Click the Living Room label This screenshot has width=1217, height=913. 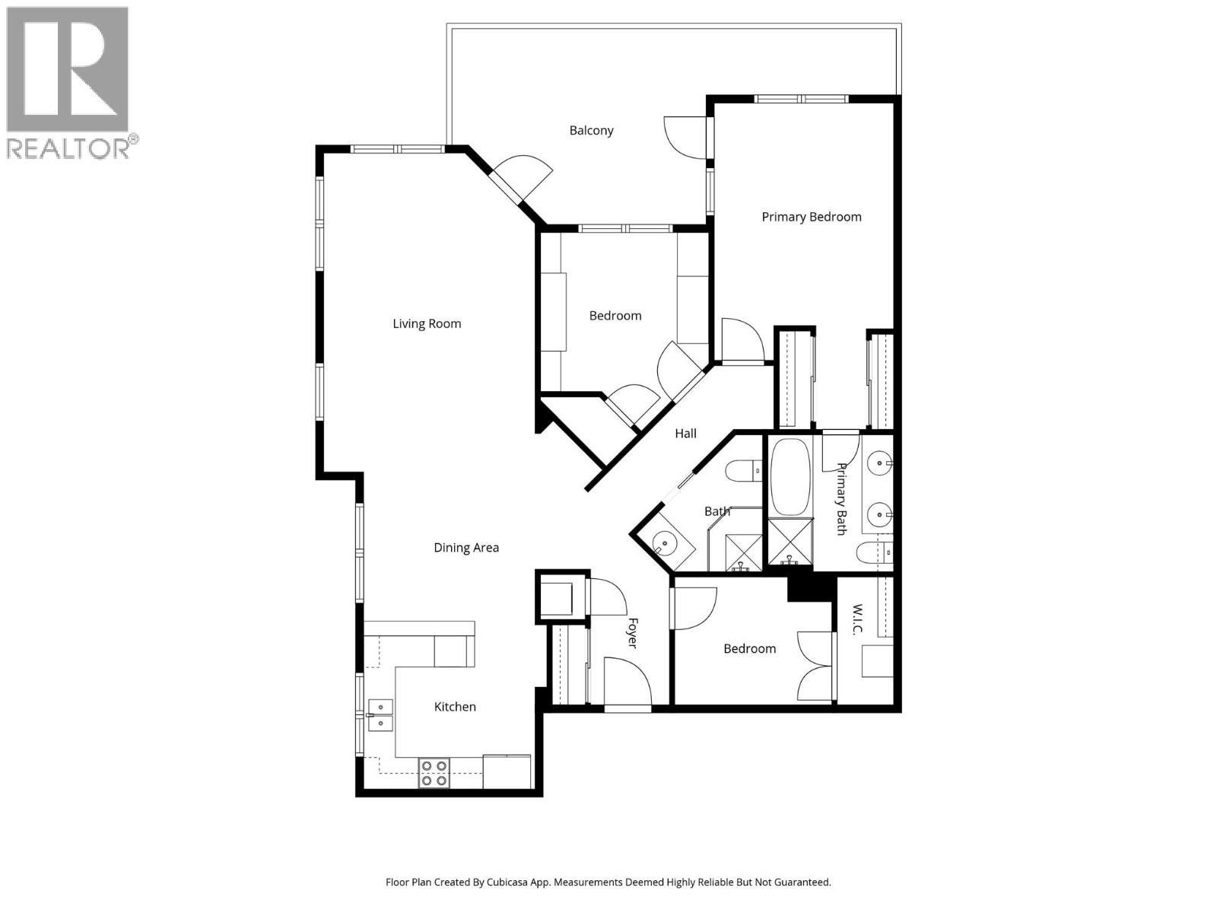point(427,323)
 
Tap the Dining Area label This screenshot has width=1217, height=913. point(466,547)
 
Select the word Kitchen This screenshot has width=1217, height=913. point(455,707)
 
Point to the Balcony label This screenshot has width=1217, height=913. point(591,130)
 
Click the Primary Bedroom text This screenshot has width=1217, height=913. point(812,217)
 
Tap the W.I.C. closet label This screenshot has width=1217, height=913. point(856,620)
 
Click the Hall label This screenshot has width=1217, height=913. point(685,434)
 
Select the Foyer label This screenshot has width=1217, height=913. point(631,632)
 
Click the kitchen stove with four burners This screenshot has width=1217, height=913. point(434,773)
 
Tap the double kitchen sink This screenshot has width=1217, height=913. point(380,715)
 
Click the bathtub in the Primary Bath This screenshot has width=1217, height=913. point(791,476)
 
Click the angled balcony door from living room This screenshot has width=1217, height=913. point(517,179)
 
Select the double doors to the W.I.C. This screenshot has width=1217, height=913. point(816,666)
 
